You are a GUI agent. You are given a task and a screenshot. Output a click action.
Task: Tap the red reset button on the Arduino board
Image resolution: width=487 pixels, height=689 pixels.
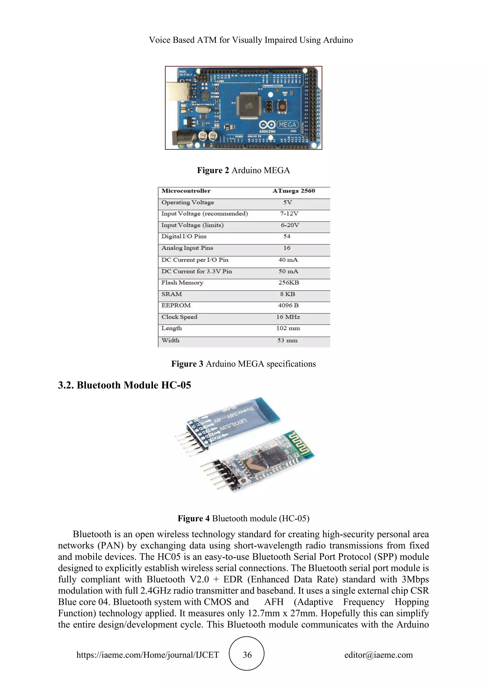click(x=282, y=107)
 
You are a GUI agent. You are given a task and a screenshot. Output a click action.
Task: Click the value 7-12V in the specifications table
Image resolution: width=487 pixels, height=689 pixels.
click(x=289, y=214)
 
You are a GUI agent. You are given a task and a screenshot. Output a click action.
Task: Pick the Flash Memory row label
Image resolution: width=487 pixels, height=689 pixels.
click(x=182, y=283)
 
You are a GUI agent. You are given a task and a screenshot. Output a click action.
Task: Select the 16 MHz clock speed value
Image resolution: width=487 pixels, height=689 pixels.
click(x=288, y=317)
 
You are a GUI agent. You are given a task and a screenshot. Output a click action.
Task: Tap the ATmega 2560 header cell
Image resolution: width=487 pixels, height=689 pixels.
click(x=294, y=191)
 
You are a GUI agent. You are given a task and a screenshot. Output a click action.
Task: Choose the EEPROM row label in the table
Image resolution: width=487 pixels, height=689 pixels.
click(x=176, y=305)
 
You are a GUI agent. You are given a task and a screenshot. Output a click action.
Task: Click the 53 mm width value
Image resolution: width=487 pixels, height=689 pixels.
click(x=287, y=340)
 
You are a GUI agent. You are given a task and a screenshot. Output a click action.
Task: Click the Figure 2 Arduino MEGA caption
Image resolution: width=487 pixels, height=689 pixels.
click(x=243, y=170)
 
